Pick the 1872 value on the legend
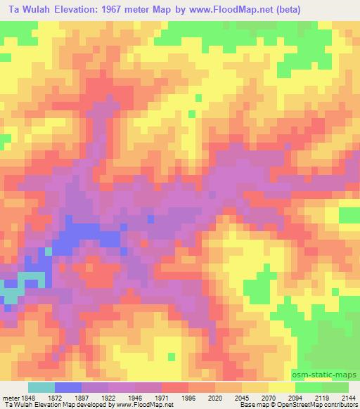(54, 396)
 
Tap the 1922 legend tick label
(110, 396)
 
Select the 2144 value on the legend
(347, 396)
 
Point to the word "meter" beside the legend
(9, 396)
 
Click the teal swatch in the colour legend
(41, 387)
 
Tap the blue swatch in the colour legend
(67, 387)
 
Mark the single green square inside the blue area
(48, 250)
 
